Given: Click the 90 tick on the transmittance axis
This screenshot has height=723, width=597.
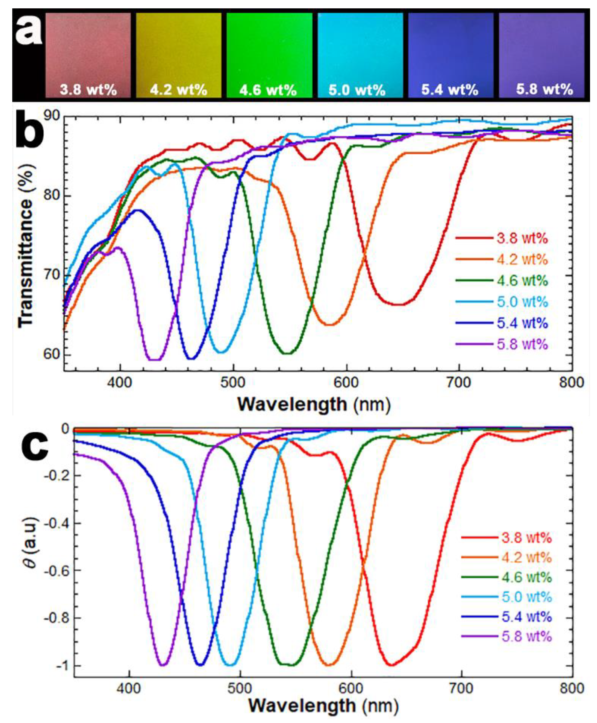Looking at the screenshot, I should click(52, 116).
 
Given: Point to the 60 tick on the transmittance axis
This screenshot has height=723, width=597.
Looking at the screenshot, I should click(52, 354).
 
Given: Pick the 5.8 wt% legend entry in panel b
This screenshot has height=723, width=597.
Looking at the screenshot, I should click(522, 344).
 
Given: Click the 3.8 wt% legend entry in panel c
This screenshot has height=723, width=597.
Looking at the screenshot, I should click(526, 537).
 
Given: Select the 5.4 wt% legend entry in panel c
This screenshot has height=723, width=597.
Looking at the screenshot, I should click(526, 616).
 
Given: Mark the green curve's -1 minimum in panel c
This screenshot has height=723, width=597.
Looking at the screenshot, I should click(292, 665).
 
